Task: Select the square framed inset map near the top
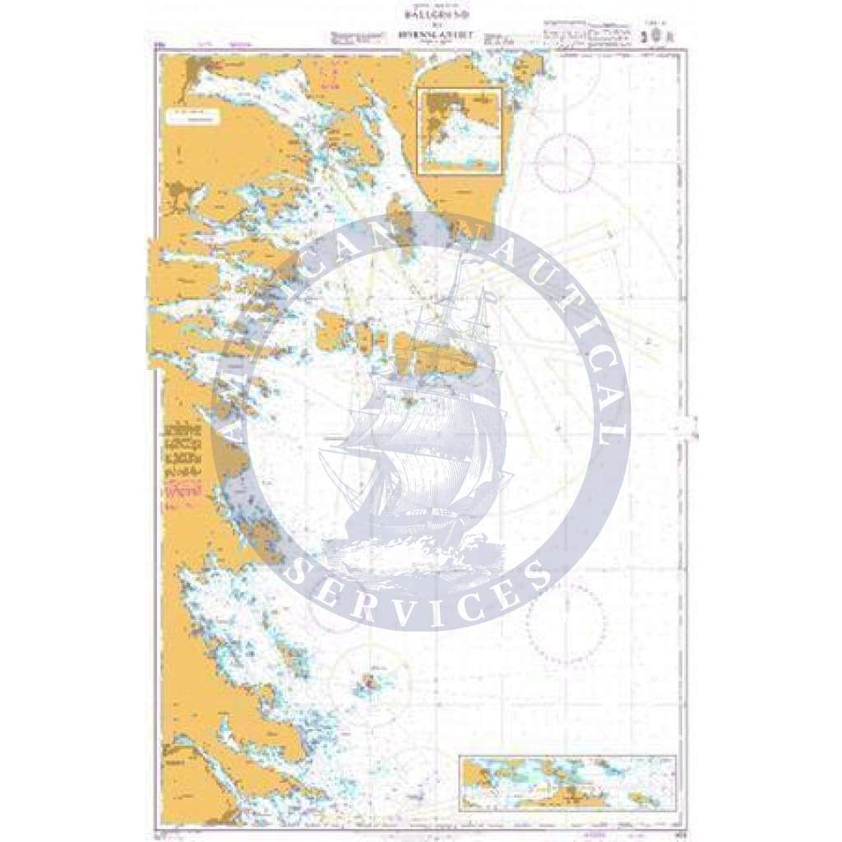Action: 460,131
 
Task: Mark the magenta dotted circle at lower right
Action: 566,618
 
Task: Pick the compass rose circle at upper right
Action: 564,162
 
